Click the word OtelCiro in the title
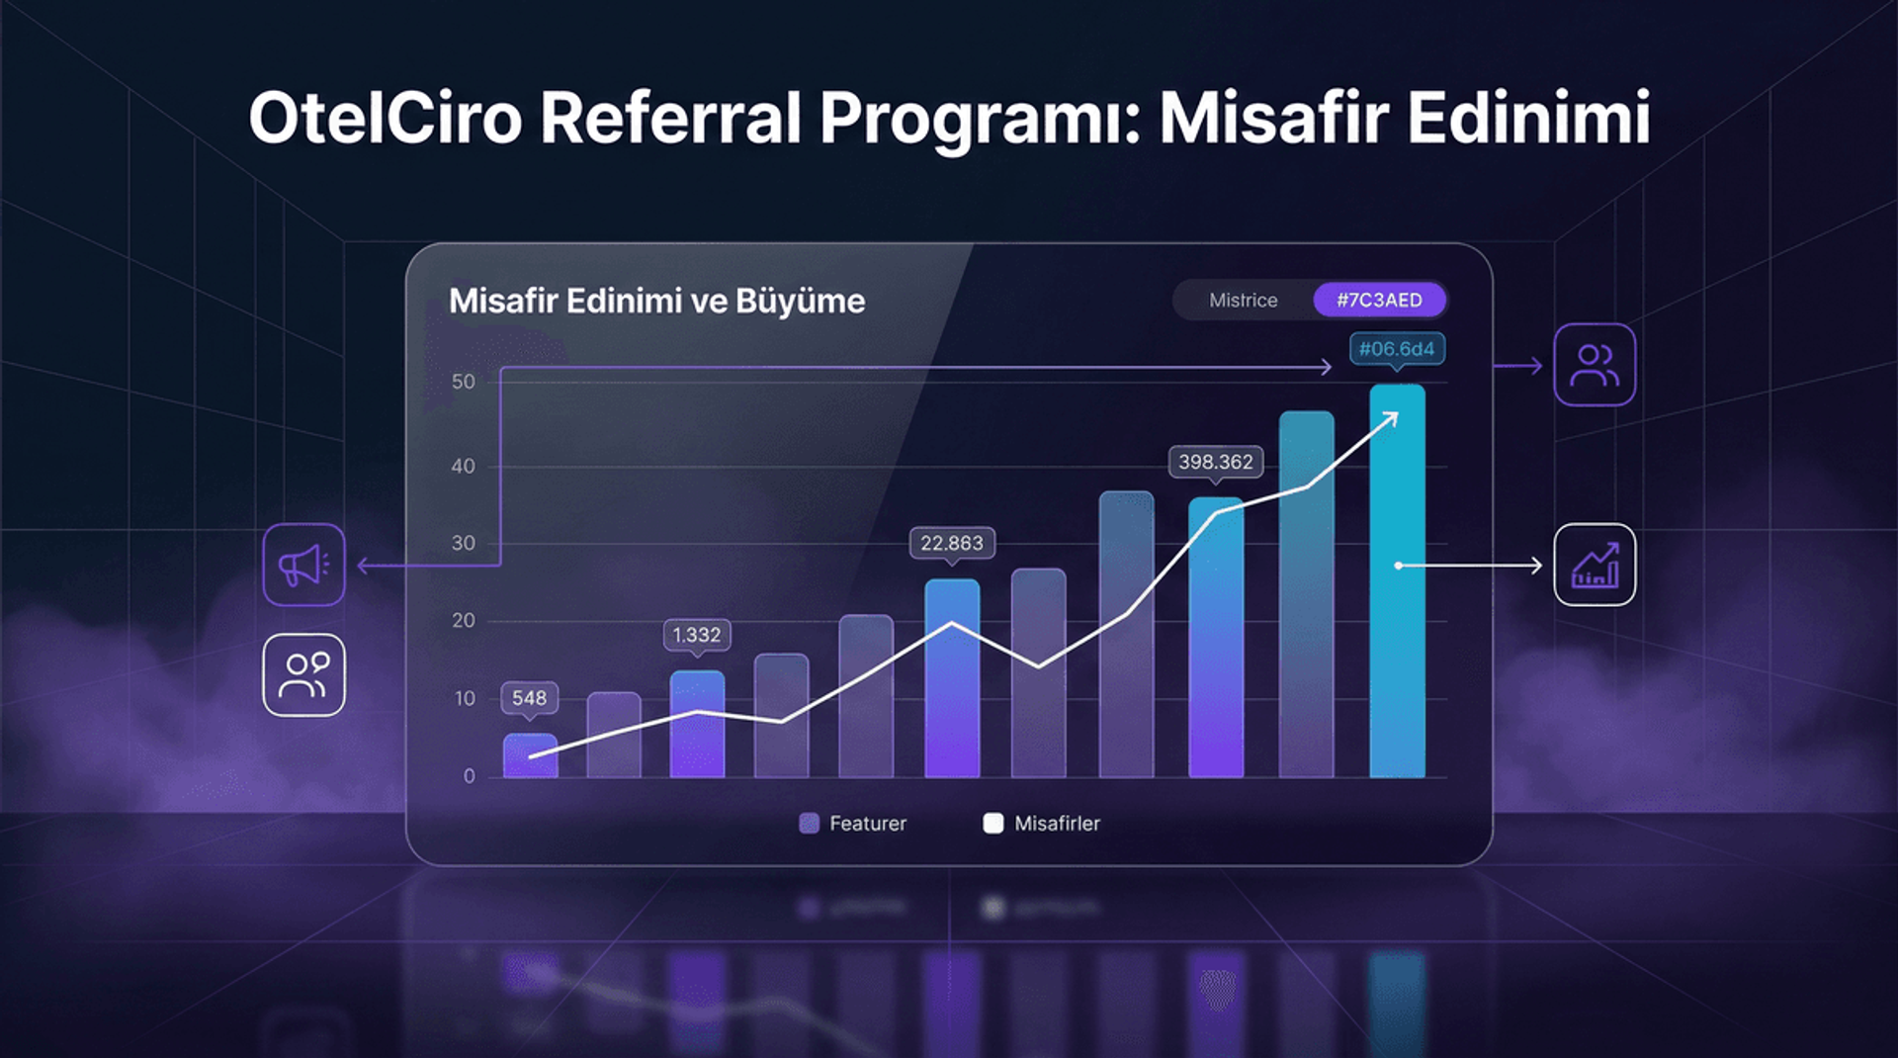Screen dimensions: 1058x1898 385,119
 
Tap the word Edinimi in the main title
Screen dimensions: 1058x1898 1528,119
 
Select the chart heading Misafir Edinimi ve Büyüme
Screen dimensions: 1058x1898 656,301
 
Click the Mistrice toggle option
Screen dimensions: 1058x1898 1243,300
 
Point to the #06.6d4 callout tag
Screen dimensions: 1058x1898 1396,349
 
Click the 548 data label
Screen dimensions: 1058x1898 529,698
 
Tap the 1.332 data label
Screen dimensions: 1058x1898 696,635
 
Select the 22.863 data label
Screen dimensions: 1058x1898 951,543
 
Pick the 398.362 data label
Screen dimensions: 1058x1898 1215,462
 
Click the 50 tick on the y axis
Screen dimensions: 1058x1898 463,382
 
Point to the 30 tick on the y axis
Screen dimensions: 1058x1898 463,543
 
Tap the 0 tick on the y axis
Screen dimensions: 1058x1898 469,776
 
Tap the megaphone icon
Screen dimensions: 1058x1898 303,565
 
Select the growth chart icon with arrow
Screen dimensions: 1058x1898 1594,565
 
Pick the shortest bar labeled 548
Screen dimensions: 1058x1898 530,756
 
